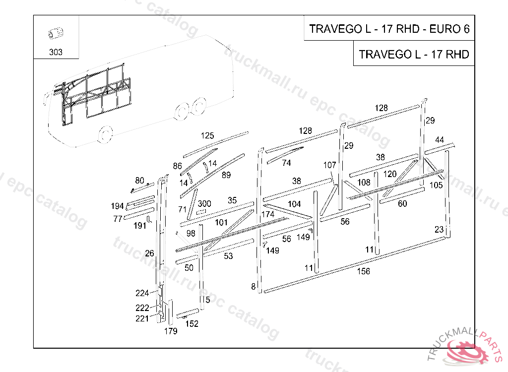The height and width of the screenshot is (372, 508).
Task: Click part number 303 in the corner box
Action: tap(56, 52)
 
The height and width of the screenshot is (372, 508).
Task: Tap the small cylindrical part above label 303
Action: tap(56, 33)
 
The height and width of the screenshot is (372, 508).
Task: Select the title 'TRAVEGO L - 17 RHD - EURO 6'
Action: tap(389, 29)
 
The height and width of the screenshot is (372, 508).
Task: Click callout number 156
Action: tap(363, 271)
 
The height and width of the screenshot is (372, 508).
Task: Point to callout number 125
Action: tap(207, 135)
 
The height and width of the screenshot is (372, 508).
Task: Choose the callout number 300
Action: tap(204, 203)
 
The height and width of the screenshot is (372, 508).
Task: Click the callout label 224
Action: tap(142, 293)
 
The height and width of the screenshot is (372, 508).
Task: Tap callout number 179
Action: tap(171, 331)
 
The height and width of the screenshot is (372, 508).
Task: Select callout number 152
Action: tap(192, 323)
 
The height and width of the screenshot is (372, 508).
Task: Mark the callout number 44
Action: tap(440, 140)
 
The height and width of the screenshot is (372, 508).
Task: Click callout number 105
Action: tap(436, 185)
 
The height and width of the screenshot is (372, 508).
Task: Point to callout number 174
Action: tap(268, 214)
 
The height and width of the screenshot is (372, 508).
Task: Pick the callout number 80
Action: tap(139, 180)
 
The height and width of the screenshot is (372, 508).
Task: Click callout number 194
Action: tap(117, 206)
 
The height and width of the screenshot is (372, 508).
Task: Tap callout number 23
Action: tap(439, 230)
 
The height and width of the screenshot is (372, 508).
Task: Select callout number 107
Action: tap(330, 165)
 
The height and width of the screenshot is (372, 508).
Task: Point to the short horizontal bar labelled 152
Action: tap(188, 313)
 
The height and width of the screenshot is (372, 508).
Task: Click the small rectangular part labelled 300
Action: tap(201, 212)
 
